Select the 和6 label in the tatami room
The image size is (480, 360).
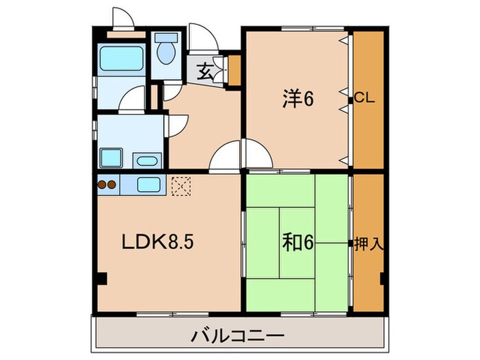point(298,243)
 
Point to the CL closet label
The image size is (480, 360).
point(364,99)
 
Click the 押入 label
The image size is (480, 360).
point(368,243)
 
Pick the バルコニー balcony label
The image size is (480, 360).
point(237,337)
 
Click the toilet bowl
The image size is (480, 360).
point(165,51)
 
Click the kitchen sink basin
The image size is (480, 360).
point(149,184)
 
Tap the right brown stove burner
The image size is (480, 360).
point(112,184)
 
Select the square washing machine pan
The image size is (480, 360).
point(110,157)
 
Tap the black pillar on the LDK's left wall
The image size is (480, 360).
point(101,279)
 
